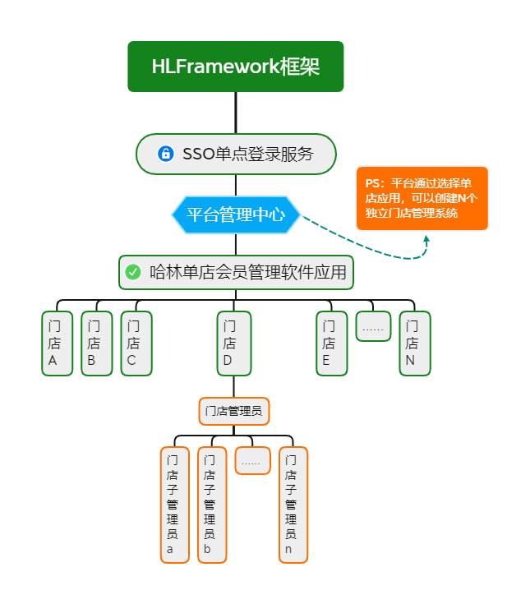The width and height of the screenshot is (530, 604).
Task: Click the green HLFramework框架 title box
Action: point(236,67)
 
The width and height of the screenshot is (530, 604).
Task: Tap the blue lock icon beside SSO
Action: point(166,154)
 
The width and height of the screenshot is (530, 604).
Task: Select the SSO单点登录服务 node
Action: point(236,154)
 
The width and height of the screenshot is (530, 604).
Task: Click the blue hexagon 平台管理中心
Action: point(236,214)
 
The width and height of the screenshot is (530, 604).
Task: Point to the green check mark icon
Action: point(133,272)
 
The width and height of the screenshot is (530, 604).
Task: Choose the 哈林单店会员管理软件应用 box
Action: point(236,272)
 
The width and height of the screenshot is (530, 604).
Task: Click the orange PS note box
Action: point(422,198)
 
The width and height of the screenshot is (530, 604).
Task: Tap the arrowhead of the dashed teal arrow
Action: point(426,239)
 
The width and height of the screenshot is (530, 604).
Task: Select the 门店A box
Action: point(58,343)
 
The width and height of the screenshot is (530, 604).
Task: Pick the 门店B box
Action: point(97,343)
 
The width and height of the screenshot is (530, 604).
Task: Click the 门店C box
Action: point(136,343)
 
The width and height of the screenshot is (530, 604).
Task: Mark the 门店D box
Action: point(234,343)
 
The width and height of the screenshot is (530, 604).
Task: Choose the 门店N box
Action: point(415,343)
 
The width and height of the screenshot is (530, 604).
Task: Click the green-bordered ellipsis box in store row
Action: point(373,327)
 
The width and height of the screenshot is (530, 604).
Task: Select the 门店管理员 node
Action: point(234,411)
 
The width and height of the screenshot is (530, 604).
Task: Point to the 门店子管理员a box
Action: point(175,505)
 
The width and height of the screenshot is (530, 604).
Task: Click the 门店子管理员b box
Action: point(212,505)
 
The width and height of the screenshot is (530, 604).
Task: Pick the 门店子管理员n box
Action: point(293,505)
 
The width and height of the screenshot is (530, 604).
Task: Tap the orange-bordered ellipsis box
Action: point(252,461)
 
